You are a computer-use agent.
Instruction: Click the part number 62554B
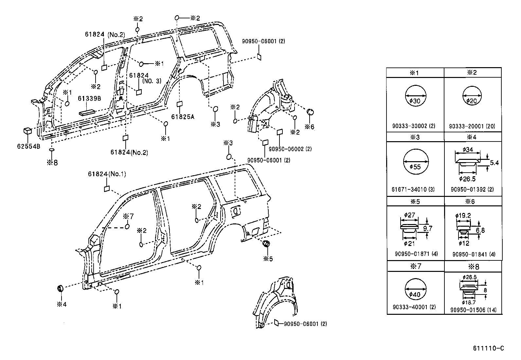pyautogui.click(x=28, y=146)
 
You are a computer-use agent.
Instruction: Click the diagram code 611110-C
pyautogui.click(x=488, y=348)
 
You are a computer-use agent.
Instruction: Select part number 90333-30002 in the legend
pyautogui.click(x=414, y=126)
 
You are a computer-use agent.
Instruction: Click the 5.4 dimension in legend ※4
pyautogui.click(x=494, y=163)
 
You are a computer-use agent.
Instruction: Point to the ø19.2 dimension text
pyautogui.click(x=463, y=216)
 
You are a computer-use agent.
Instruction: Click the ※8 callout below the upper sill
pyautogui.click(x=52, y=162)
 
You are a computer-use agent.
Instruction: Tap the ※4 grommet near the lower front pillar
pyautogui.click(x=60, y=288)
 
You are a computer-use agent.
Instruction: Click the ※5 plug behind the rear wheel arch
pyautogui.click(x=266, y=243)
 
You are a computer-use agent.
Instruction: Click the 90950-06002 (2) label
pyautogui.click(x=290, y=149)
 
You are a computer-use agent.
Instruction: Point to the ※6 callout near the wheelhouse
pyautogui.click(x=309, y=127)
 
